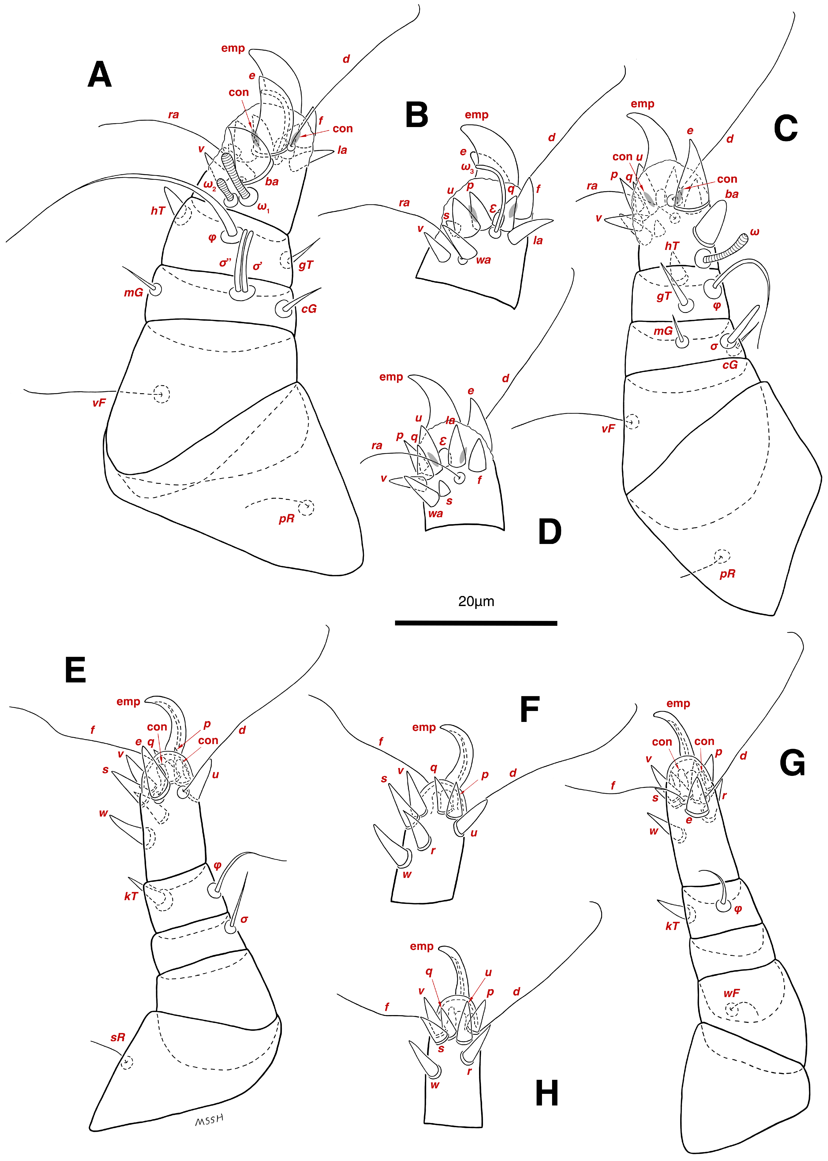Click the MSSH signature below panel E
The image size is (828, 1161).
(x=209, y=1120)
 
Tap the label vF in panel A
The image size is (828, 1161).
(x=99, y=403)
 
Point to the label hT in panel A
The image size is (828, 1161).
(x=157, y=211)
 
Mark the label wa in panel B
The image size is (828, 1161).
(x=483, y=260)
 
